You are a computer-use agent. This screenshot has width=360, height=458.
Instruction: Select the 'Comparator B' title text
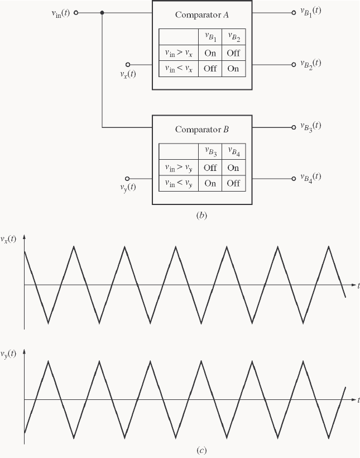(202, 130)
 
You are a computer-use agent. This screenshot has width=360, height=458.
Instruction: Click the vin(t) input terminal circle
(76, 12)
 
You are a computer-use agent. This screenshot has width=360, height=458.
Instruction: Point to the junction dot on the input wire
(102, 12)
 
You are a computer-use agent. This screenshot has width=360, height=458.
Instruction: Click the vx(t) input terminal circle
(128, 64)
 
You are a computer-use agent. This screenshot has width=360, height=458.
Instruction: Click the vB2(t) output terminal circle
(293, 64)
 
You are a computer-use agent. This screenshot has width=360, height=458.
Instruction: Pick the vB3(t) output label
(310, 126)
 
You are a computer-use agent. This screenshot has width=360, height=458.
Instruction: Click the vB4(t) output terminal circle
(293, 179)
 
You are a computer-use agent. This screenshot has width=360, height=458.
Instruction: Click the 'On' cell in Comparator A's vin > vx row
(210, 54)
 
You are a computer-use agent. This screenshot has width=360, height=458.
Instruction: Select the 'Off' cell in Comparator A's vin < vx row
(210, 69)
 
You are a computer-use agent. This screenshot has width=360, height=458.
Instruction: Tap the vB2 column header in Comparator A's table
(233, 37)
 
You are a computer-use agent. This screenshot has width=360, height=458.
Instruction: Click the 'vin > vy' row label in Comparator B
(179, 168)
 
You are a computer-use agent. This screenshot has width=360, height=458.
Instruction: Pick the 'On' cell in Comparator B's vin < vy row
(210, 183)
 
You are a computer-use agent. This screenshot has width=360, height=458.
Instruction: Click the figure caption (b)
(201, 216)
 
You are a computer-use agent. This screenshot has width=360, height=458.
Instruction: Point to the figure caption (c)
(201, 450)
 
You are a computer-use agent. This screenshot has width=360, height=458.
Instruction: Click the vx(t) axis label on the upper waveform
(9, 240)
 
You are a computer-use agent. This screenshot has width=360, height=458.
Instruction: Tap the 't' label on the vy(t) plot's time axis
(357, 400)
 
